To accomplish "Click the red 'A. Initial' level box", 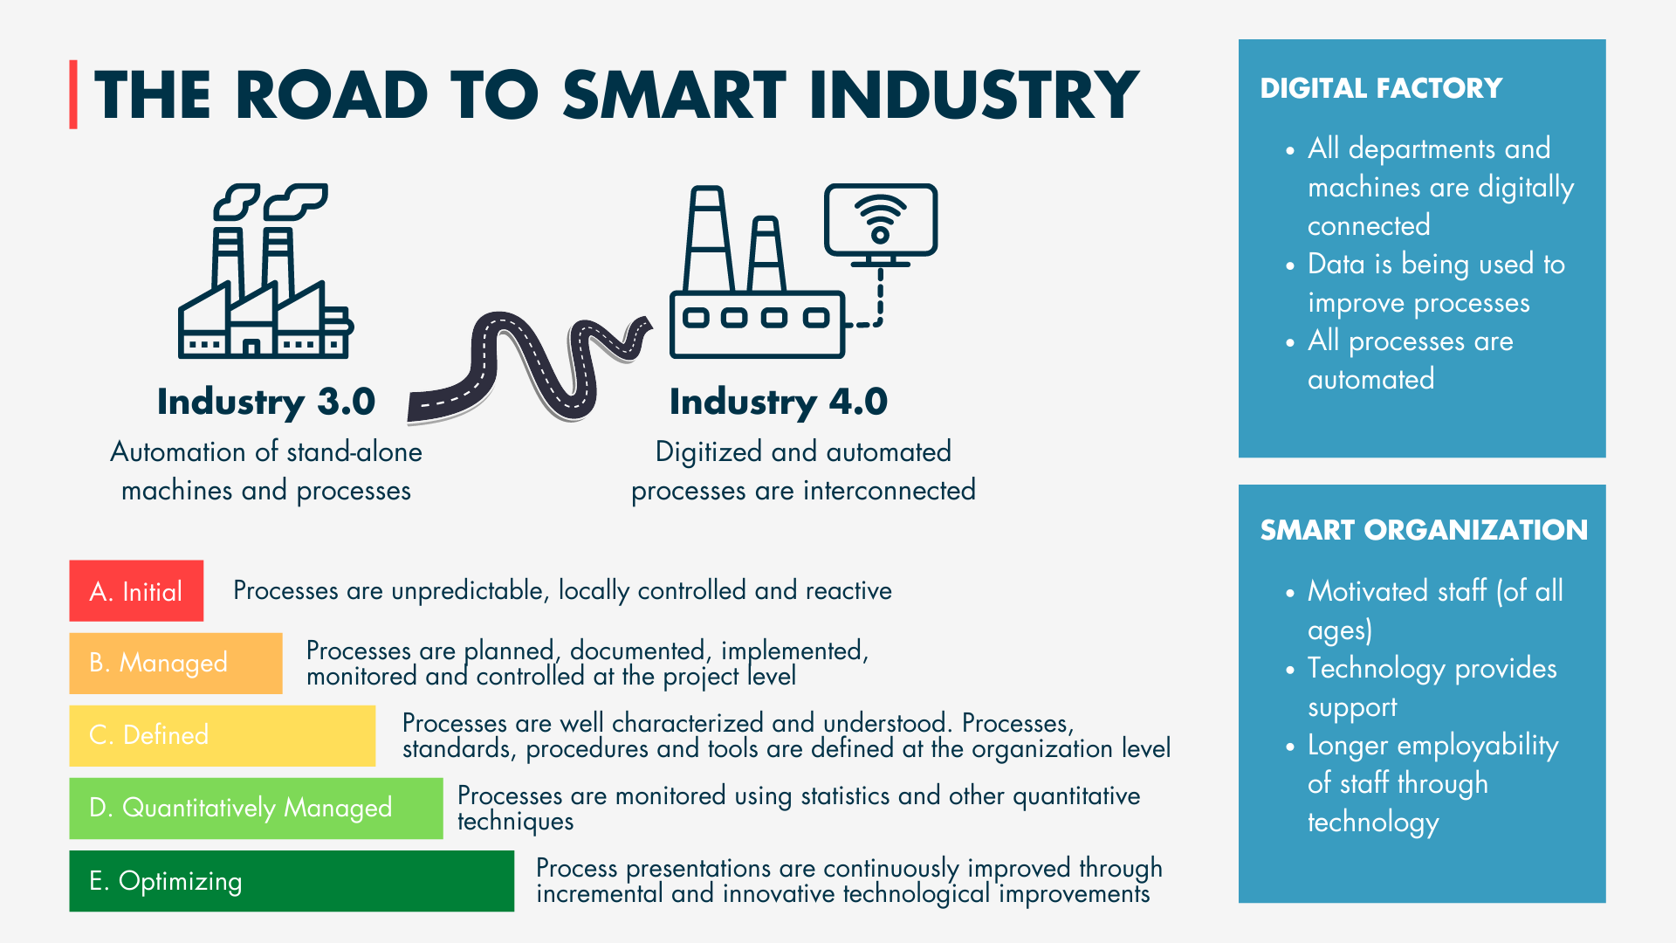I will pos(136,591).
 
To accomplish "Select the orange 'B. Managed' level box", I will pos(175,664).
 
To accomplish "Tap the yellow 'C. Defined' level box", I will pos(222,735).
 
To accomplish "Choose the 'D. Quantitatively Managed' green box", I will pos(256,809).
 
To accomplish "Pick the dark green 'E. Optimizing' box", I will pos(292,881).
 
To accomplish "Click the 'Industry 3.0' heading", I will pos(265,402).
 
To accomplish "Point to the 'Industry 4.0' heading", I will pos(778,402).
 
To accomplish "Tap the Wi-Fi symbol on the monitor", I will pos(880,218).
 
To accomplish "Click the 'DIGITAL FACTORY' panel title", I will pos(1381,88).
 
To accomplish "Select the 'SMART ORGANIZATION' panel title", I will pos(1423,530).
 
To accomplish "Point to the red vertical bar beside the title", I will pos(73,94).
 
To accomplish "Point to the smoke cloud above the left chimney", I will pos(237,201).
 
